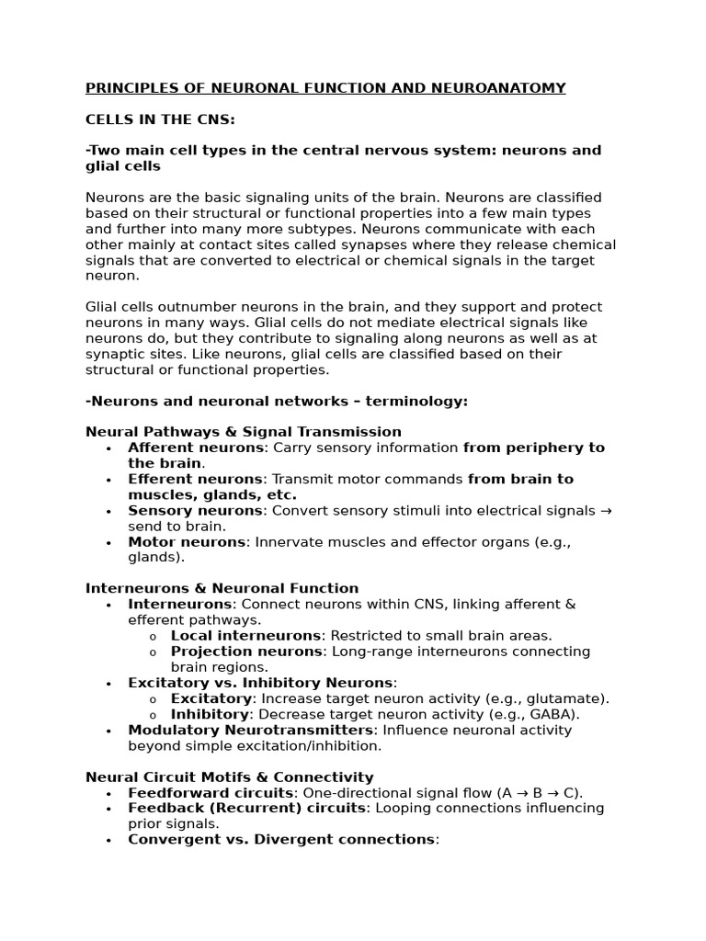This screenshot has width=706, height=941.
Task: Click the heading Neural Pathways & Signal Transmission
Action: click(243, 432)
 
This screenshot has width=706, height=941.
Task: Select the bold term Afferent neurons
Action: click(196, 448)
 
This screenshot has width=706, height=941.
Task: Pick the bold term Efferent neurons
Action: click(195, 479)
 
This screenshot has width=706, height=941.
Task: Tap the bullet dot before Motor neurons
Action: click(108, 542)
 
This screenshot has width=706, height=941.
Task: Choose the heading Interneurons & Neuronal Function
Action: click(222, 588)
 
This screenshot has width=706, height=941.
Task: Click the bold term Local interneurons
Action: click(245, 636)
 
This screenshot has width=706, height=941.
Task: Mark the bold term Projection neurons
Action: click(246, 652)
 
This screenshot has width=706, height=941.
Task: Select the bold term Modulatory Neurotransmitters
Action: click(251, 730)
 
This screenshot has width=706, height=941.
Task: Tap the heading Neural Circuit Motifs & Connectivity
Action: click(229, 777)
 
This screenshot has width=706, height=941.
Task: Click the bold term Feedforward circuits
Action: click(211, 793)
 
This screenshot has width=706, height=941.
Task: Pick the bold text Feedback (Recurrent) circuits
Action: click(246, 809)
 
